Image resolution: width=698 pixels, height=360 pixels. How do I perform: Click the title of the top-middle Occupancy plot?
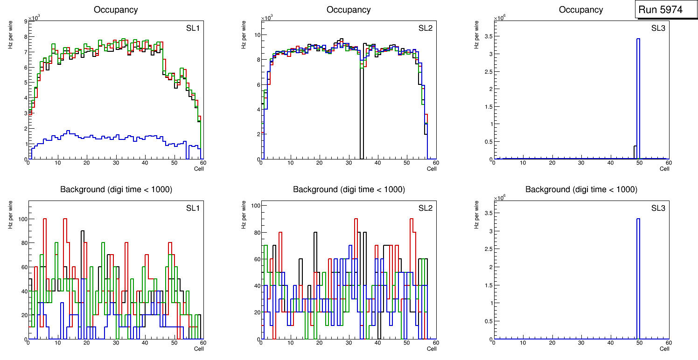(x=349, y=10)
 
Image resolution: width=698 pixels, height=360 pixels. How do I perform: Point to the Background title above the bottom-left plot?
(x=116, y=189)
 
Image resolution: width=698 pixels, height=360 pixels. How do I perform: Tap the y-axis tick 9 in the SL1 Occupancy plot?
(x=25, y=21)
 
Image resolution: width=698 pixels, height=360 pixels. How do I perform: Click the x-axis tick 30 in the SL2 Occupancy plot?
(x=348, y=163)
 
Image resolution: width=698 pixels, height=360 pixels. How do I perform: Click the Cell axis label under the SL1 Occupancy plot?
(x=198, y=168)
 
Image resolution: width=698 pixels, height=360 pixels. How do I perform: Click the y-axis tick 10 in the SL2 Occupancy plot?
(x=257, y=35)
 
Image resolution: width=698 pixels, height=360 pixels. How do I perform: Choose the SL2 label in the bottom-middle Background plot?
(x=426, y=208)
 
